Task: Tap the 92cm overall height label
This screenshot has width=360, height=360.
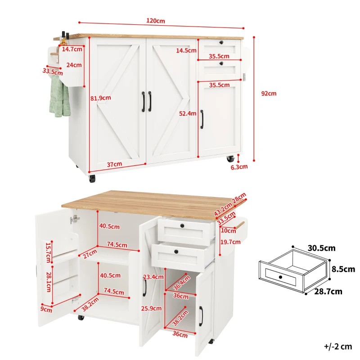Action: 269,94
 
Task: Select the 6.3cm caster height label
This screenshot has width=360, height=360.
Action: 239,167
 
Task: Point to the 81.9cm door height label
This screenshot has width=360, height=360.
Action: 101,98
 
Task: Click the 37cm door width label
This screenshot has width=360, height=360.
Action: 115,164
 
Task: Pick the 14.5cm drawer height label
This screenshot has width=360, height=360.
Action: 185,50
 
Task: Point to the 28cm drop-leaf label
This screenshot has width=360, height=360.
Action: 239,198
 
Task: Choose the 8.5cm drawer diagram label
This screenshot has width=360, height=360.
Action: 343,270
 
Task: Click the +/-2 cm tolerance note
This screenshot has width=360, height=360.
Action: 337,346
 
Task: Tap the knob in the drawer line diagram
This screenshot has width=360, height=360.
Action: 280,277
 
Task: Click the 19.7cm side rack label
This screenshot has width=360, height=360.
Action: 229,243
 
